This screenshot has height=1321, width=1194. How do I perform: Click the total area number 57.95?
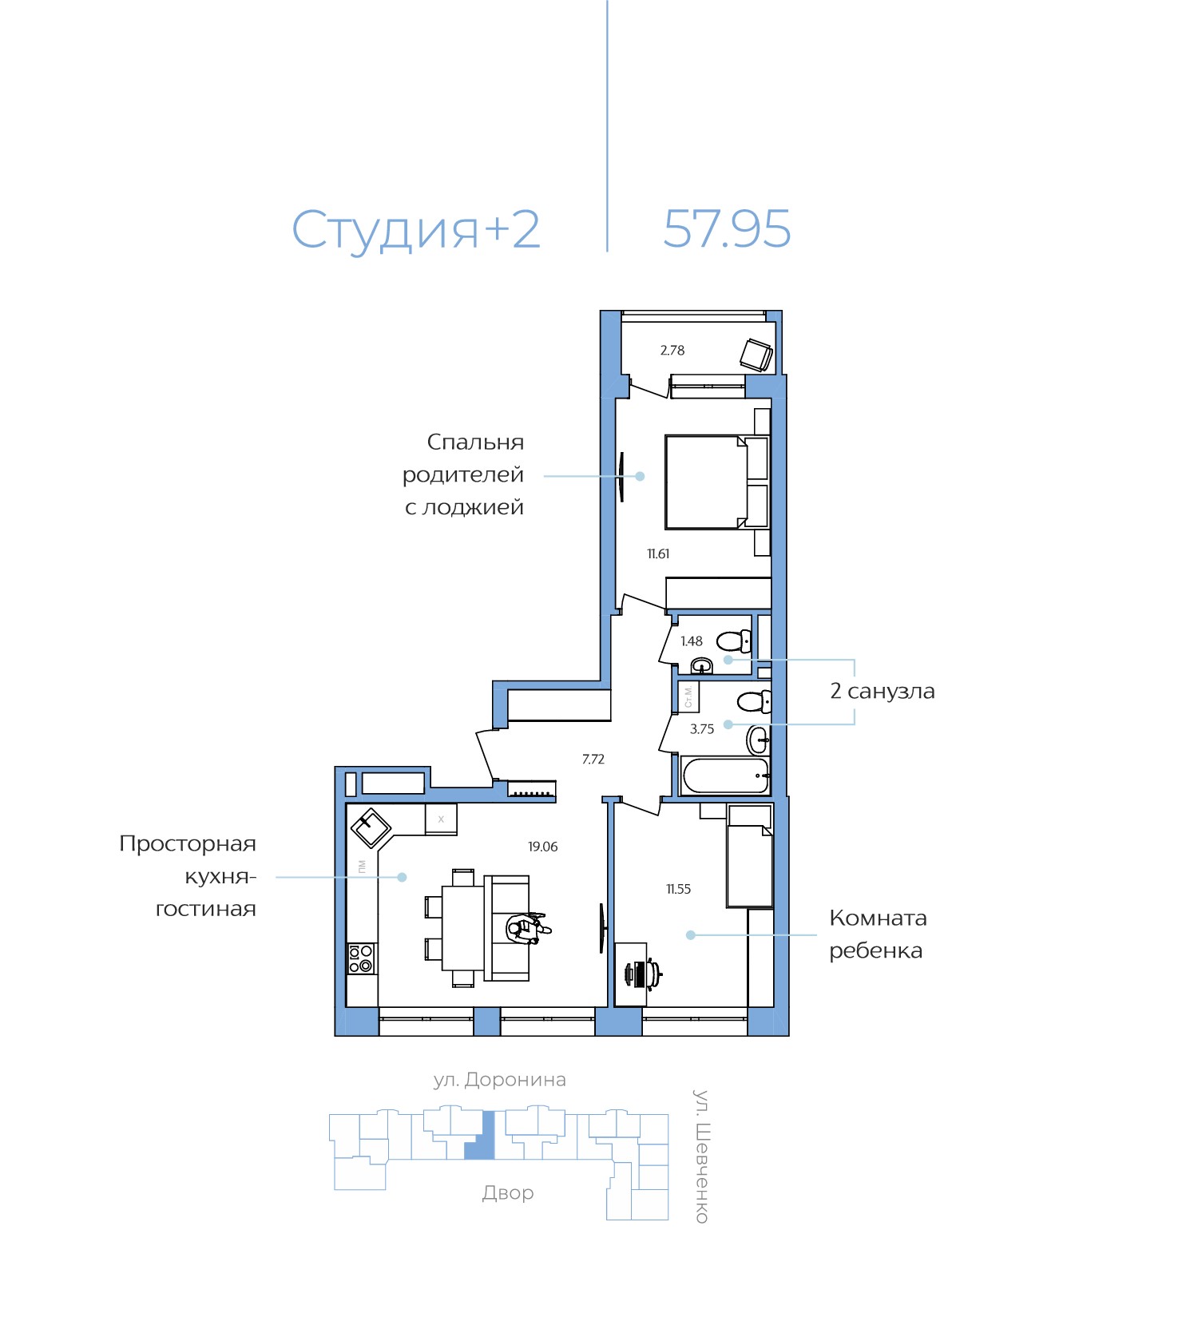(x=727, y=229)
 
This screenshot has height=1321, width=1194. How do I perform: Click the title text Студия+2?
(x=416, y=230)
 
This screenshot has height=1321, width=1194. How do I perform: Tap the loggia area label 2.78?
(x=672, y=350)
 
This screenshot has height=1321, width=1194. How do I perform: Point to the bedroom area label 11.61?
(x=658, y=553)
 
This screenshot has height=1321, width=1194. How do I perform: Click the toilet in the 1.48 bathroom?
(x=734, y=641)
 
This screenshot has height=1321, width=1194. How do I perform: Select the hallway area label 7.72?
(x=593, y=760)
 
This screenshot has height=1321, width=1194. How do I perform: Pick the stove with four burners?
(x=361, y=958)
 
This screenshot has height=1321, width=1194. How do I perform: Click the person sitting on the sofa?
(x=526, y=928)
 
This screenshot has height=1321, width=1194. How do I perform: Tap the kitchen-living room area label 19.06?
(x=543, y=847)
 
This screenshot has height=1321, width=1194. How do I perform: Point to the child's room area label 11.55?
(x=679, y=889)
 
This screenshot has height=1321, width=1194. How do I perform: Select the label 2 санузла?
(x=883, y=691)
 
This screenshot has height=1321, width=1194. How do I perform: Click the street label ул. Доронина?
(x=500, y=1081)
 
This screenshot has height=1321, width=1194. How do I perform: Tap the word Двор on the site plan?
(x=508, y=1193)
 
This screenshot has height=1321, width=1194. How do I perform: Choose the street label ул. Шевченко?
(x=701, y=1156)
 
